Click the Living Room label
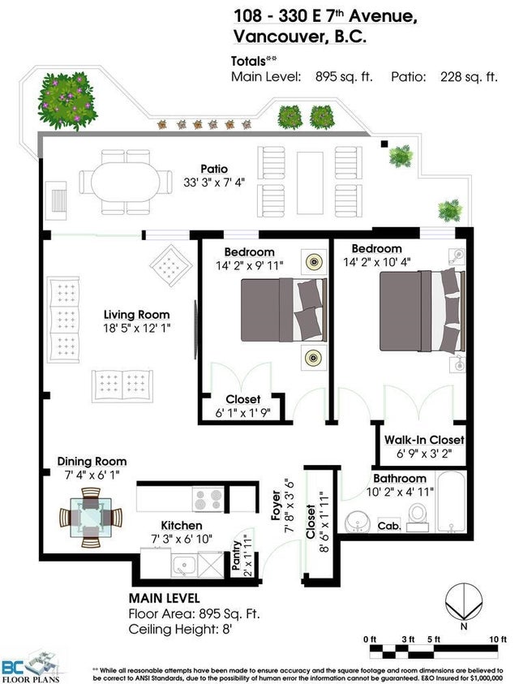136,315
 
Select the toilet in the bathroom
418,517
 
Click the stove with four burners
208,499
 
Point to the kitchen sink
184,566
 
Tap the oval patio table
126,183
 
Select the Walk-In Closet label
424,440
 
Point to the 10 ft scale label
498,639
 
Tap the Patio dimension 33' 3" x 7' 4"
214,182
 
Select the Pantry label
237,555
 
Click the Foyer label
276,505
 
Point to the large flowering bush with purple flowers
66,101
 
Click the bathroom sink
358,521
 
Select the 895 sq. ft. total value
344,77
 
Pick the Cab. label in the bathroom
388,526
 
